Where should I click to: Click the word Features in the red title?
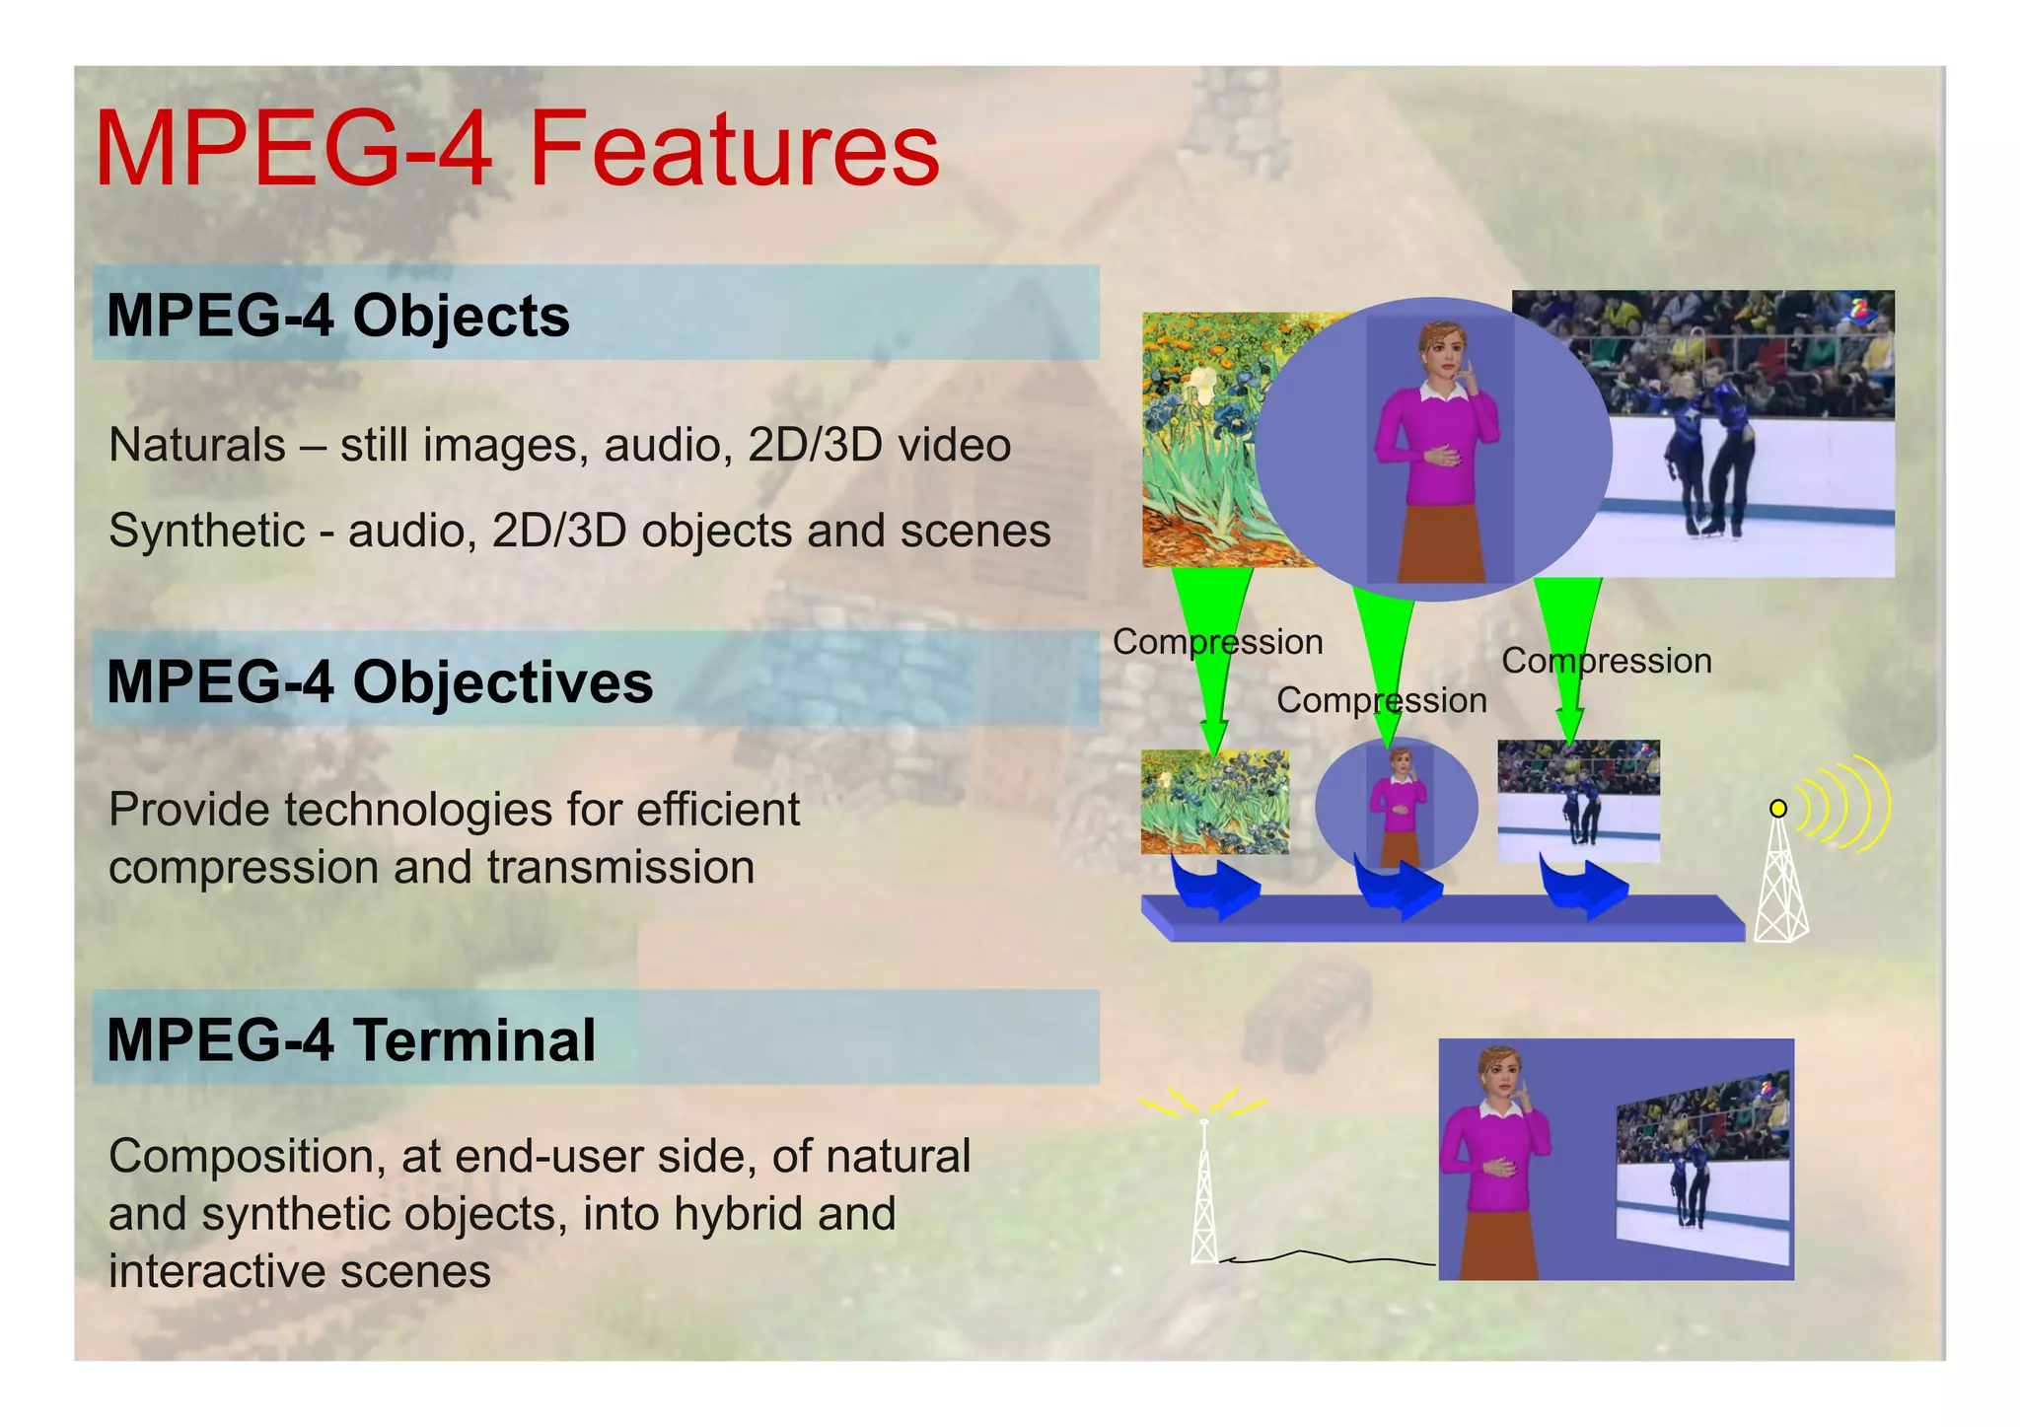click(x=734, y=150)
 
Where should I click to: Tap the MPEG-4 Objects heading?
click(x=337, y=316)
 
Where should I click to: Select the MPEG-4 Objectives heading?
click(x=379, y=681)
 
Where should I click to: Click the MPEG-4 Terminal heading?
click(x=350, y=1039)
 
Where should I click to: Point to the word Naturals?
click(x=196, y=445)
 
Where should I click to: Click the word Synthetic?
click(x=206, y=531)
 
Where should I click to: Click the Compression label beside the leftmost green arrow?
click(x=1216, y=642)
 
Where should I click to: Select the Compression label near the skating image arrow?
click(x=1606, y=661)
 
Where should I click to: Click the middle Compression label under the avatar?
click(x=1381, y=700)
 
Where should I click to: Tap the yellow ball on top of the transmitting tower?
click(x=1777, y=809)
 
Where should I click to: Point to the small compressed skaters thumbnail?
click(x=1578, y=801)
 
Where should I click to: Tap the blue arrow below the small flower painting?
click(x=1214, y=885)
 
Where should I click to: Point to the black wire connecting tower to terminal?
click(x=1322, y=1257)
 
